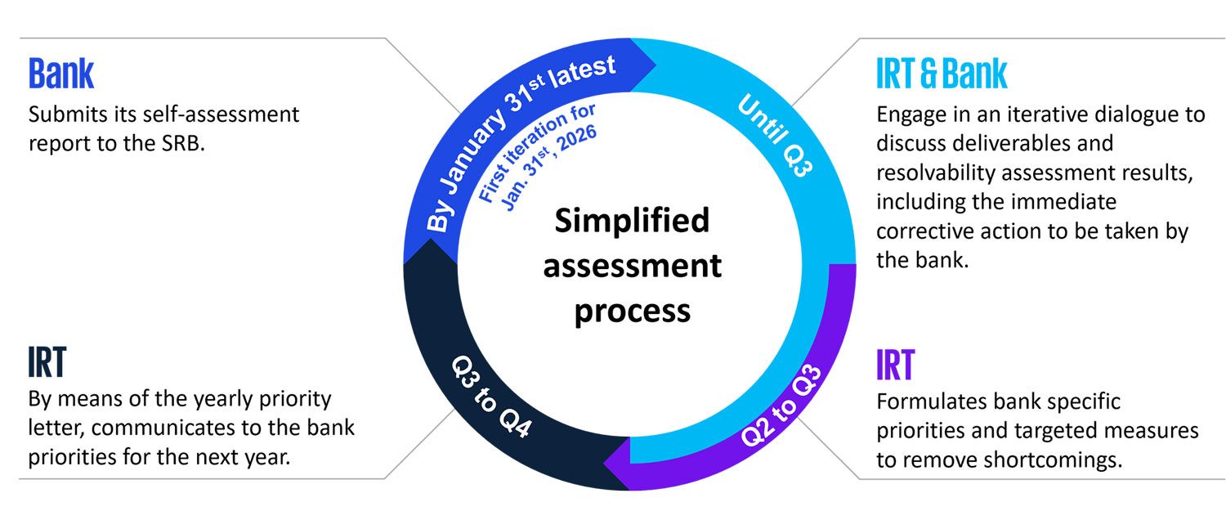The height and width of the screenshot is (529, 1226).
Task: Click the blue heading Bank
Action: pos(61,74)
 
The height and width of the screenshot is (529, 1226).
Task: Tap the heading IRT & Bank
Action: pos(942,74)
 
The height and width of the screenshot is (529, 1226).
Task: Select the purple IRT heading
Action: pos(895,365)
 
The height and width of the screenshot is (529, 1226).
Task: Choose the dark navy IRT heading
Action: pos(47,363)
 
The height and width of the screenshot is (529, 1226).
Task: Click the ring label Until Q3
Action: pos(776,136)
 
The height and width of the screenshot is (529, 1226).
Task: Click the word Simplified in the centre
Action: pos(632,221)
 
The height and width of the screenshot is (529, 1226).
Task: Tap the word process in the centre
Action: pos(632,311)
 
